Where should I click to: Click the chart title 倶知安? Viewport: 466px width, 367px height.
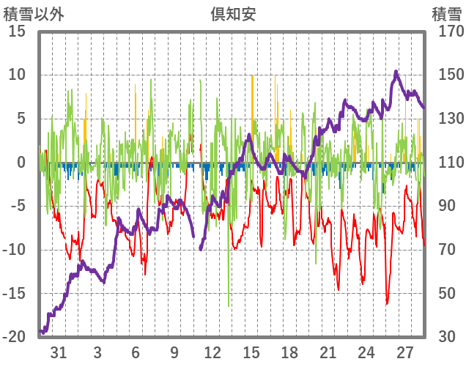tap(233, 14)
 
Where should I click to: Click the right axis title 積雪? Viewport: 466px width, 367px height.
tap(446, 14)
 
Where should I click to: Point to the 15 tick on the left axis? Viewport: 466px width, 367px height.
tap(18, 31)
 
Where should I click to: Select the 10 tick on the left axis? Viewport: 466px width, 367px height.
tap(18, 75)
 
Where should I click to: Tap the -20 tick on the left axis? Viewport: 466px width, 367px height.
tap(15, 337)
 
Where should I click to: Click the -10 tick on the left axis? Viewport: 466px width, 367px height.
tap(15, 250)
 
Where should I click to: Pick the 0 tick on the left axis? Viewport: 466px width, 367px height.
tap(22, 163)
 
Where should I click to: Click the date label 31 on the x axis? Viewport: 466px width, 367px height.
tap(59, 352)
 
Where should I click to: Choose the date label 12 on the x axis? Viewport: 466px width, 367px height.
tap(212, 352)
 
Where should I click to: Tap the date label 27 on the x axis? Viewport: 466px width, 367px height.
tap(404, 352)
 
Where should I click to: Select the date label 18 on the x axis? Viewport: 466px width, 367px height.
tap(289, 352)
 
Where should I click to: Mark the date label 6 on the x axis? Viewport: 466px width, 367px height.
tap(136, 352)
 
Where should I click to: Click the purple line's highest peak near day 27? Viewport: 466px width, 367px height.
tap(396, 72)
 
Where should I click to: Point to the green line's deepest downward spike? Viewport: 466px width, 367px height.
tap(229, 305)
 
